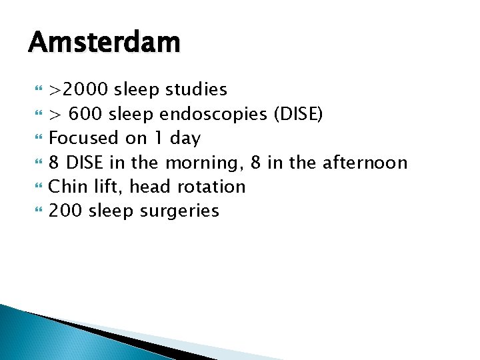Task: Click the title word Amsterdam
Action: click(x=104, y=43)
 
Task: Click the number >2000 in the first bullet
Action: click(x=79, y=89)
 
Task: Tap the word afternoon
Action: click(x=364, y=163)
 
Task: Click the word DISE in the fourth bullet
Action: click(x=84, y=163)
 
